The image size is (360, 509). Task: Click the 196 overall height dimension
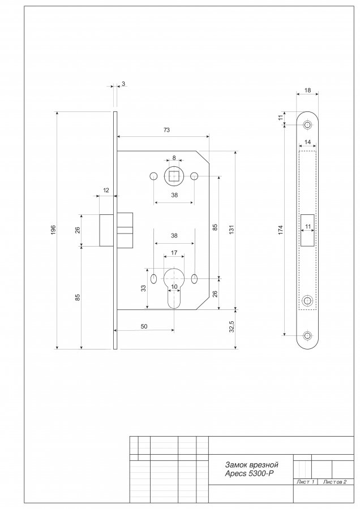54,230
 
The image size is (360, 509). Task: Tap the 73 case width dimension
166,130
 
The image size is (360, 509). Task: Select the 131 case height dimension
232,229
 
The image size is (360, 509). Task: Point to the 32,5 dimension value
232,327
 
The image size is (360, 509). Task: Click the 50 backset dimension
144,326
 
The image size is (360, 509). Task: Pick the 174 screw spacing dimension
281,230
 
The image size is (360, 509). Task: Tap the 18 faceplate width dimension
307,90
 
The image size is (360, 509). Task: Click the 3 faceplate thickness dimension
123,84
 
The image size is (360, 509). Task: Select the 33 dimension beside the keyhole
143,288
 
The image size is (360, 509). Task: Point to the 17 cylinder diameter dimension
174,253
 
